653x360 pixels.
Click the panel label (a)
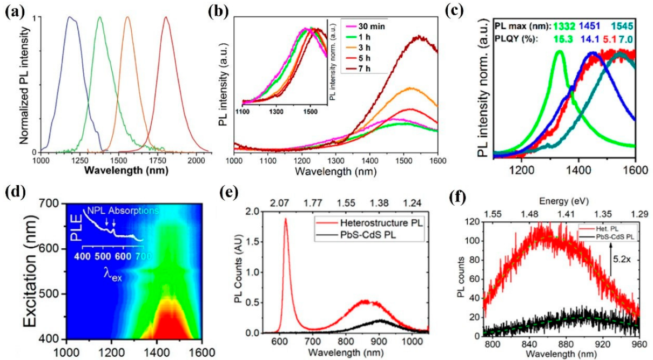click(x=14, y=10)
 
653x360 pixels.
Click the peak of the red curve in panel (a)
click(x=166, y=17)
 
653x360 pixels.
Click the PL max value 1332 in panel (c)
click(x=562, y=25)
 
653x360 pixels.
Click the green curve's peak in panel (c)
click(x=560, y=51)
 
